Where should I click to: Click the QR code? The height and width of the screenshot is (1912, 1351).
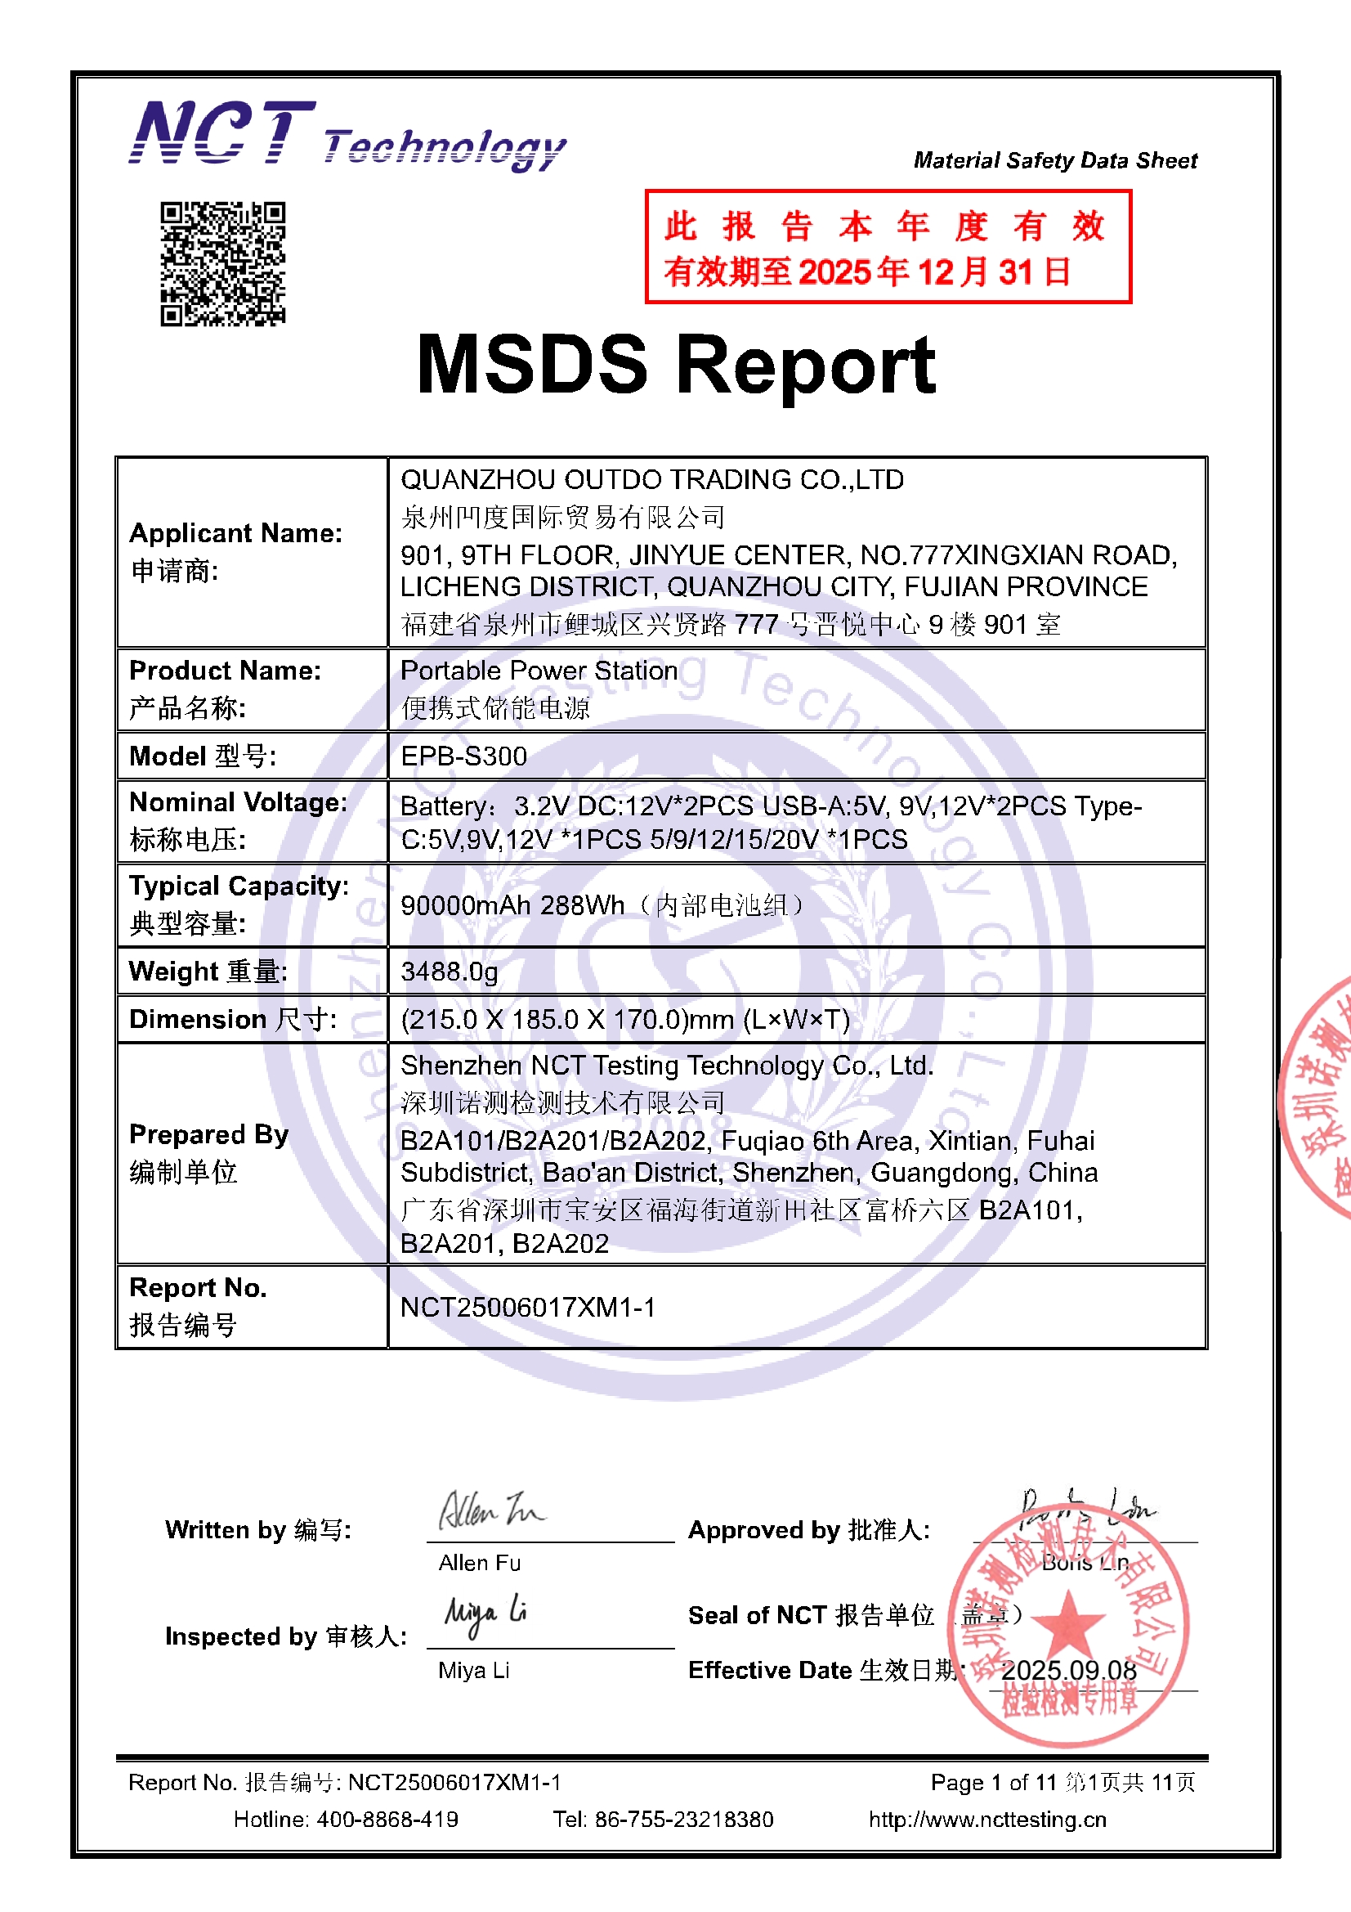coord(222,263)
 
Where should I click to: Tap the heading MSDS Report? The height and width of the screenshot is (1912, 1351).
coord(676,365)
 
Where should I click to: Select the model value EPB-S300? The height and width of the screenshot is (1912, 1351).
coord(463,756)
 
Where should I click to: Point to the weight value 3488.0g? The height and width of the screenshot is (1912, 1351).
coord(450,971)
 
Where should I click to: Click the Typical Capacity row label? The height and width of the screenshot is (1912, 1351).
coord(239,886)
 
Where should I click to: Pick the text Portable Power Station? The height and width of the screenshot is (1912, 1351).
coord(539,671)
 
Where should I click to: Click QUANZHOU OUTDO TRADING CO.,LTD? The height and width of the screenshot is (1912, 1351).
coord(651,480)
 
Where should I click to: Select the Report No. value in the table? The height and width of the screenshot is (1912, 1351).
coord(528,1308)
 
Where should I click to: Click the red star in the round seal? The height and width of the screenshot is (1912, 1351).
coord(1069,1623)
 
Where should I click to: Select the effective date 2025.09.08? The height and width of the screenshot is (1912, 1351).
coord(1069,1671)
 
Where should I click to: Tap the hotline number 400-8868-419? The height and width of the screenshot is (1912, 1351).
coord(387,1820)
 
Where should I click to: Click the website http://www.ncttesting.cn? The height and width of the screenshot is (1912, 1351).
coord(987,1820)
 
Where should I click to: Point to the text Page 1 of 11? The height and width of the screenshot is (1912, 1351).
coord(993,1783)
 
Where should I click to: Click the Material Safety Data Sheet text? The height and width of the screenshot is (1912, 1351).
coord(1055,160)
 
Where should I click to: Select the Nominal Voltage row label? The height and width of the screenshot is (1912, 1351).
coord(238,802)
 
